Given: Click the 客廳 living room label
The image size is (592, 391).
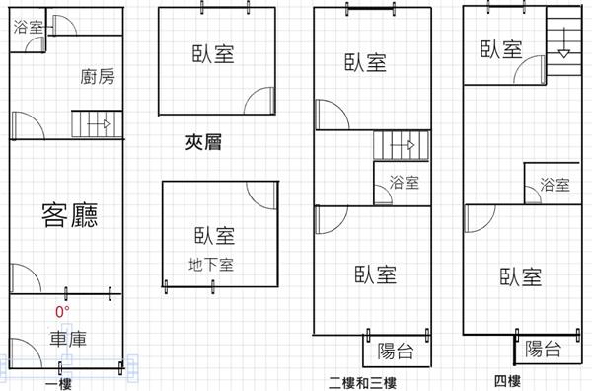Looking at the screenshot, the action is (70, 215).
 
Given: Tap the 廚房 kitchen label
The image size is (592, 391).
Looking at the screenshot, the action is (98, 77).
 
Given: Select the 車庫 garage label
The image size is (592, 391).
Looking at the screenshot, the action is (68, 339).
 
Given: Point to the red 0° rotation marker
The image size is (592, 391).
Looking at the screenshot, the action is (62, 312).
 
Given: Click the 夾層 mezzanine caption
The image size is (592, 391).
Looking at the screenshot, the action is (203, 142).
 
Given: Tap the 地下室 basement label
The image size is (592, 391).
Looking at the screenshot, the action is (211, 265).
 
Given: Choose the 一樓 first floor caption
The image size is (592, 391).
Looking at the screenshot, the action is (58, 385).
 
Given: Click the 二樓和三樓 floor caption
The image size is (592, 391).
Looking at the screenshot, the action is (363, 383).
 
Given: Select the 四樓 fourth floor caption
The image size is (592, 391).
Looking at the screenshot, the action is (507, 381).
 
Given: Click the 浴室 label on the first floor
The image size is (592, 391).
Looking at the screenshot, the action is (28, 27).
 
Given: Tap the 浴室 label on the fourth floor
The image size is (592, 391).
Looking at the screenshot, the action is (555, 185).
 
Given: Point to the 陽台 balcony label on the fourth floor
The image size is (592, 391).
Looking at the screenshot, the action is (543, 349).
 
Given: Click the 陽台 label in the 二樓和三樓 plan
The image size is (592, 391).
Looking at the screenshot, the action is (396, 351).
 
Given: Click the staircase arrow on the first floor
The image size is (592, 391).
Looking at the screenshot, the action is (99, 123).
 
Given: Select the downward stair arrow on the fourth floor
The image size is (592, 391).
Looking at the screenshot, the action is (563, 42).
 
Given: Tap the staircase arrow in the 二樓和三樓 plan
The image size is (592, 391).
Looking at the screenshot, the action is (403, 145).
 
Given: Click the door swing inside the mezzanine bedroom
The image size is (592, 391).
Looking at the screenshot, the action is (253, 94).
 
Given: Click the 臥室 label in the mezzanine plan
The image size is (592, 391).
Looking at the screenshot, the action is (213, 54).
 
